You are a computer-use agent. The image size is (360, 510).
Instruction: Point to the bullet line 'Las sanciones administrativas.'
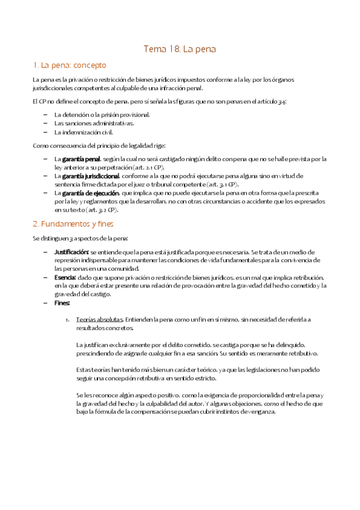94,123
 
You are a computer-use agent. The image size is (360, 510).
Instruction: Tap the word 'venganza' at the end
260,412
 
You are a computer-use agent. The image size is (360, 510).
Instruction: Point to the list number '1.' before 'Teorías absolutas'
68,319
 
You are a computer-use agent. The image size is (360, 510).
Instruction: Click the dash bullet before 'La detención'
46,114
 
